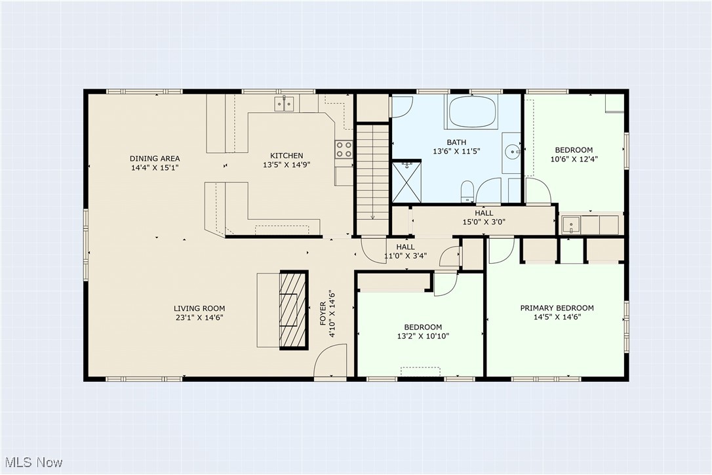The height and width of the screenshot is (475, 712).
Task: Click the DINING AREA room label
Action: point(155,158)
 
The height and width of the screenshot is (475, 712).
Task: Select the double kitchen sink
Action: point(284,103)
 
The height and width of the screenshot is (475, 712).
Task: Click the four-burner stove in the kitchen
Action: point(344,150)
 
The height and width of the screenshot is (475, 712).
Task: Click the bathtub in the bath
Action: point(472,112)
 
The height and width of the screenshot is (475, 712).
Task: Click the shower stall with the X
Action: point(406,181)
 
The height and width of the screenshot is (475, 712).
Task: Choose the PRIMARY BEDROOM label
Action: point(557,308)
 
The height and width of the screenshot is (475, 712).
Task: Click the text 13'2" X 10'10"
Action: point(422,336)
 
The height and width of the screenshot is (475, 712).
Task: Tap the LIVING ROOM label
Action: point(199,308)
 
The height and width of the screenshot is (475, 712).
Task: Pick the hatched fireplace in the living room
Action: point(293,310)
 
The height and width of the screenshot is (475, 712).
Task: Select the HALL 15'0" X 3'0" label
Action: point(484,217)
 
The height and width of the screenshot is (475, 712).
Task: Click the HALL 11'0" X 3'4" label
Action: point(405,251)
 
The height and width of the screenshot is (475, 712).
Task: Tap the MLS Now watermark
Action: point(31,463)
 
